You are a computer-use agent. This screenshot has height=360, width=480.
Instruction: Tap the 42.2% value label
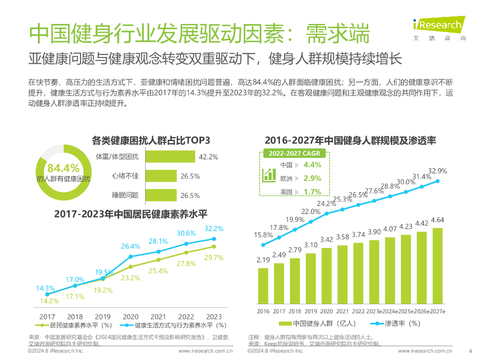[209, 157]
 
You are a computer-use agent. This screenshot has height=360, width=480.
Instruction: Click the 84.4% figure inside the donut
[64, 168]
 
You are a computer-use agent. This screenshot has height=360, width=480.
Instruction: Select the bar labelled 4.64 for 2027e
[437, 265]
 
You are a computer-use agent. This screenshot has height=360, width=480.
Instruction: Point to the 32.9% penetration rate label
[438, 171]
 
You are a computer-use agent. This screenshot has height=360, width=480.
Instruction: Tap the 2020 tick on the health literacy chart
[131, 317]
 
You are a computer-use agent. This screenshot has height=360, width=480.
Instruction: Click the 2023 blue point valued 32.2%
[214, 239]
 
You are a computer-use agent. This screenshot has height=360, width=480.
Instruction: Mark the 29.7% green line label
[214, 257]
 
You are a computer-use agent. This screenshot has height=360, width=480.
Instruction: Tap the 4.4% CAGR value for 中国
[312, 165]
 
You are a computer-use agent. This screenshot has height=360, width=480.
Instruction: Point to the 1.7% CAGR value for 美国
[312, 192]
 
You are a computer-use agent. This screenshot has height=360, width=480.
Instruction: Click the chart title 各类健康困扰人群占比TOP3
[150, 140]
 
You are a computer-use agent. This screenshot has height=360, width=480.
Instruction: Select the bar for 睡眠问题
[161, 195]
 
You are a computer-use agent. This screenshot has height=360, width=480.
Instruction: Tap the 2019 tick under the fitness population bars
[311, 311]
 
